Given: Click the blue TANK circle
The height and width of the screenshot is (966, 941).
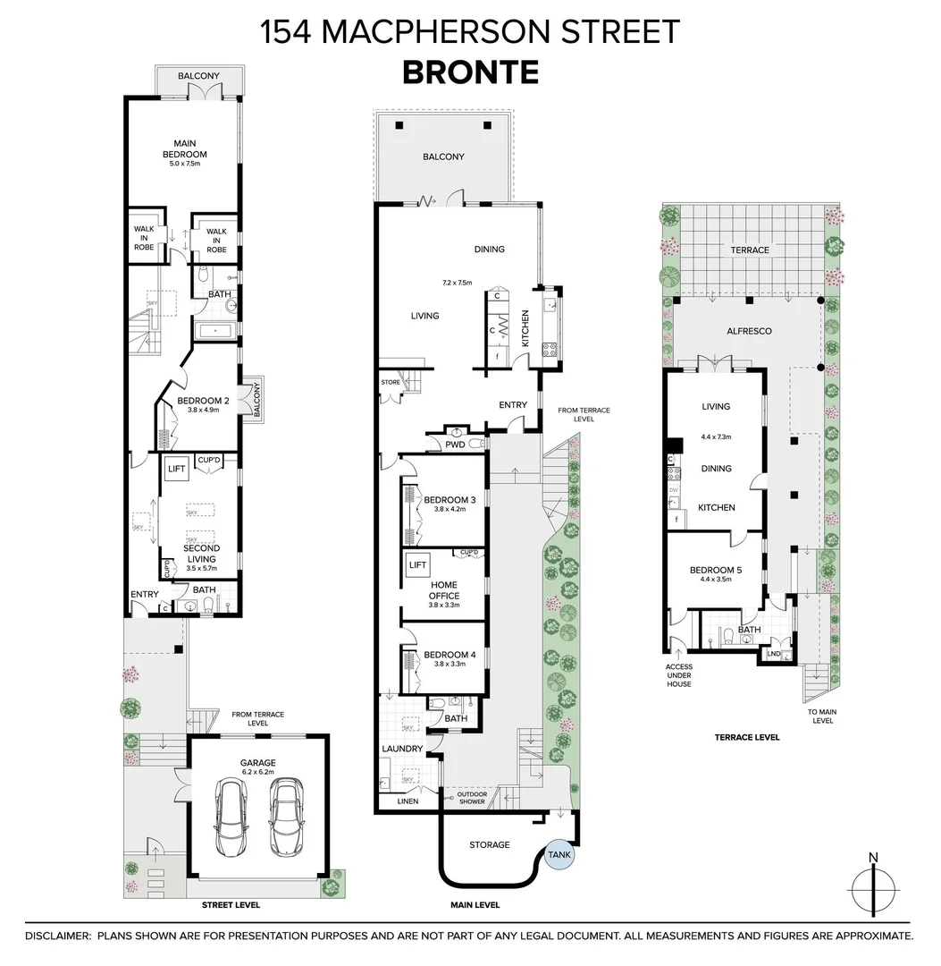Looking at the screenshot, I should point(559,854).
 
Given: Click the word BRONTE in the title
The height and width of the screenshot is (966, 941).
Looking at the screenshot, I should point(470,72).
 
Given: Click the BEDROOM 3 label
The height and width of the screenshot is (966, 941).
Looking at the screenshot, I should point(450,500).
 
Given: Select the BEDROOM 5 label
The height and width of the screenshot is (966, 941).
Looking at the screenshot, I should point(716,570).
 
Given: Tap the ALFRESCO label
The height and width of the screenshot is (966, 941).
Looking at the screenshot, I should point(749,330).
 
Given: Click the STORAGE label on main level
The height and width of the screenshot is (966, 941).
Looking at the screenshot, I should point(490,844).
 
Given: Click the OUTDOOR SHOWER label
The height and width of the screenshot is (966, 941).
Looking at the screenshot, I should point(471,797).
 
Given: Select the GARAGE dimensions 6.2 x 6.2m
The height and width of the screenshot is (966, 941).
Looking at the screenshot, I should point(256,771).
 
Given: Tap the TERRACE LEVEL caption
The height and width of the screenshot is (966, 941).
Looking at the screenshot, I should point(746,737).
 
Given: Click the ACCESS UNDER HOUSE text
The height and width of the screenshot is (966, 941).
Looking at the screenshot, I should point(679,675).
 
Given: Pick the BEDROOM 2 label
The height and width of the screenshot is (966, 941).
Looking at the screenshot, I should point(203,401).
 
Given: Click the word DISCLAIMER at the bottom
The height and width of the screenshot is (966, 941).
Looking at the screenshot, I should point(57,936).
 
